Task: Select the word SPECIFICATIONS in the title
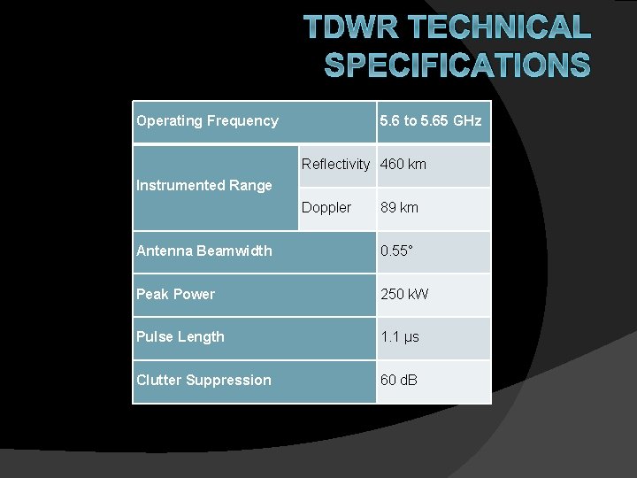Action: coord(457,65)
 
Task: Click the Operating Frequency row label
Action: coord(207,121)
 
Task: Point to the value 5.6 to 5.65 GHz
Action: coord(431,121)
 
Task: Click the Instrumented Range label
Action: coord(204,185)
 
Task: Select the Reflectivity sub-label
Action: coord(335,164)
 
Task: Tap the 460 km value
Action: coord(403,164)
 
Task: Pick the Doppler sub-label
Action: coord(326,207)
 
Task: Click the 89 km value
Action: coord(400,207)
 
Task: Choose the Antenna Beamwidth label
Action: coord(204,251)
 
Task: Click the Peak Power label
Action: coord(175,294)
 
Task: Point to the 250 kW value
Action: coord(404,294)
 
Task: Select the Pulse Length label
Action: coord(180,336)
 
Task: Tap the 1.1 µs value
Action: coord(400,336)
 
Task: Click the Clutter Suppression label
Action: coord(203,380)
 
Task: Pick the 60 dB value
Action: coord(399,380)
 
